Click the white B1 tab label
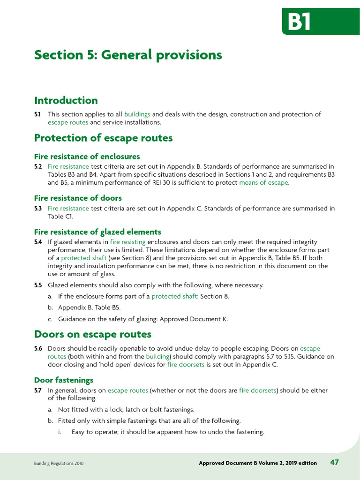[300, 22]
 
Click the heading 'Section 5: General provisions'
[128, 55]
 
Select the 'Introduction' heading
[66, 100]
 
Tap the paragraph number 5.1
[37, 114]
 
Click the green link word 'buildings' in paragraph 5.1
[137, 114]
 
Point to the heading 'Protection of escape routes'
[103, 138]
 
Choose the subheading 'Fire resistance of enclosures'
[87, 157]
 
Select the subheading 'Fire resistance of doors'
[78, 198]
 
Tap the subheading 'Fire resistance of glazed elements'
[97, 232]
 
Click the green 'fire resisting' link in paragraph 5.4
[128, 242]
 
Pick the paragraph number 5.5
[38, 285]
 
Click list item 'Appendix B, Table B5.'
[89, 308]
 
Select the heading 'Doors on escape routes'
[93, 334]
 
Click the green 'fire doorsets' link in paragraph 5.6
[186, 365]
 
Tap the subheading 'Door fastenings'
[64, 380]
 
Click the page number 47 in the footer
[335, 462]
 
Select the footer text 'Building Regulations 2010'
[59, 463]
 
